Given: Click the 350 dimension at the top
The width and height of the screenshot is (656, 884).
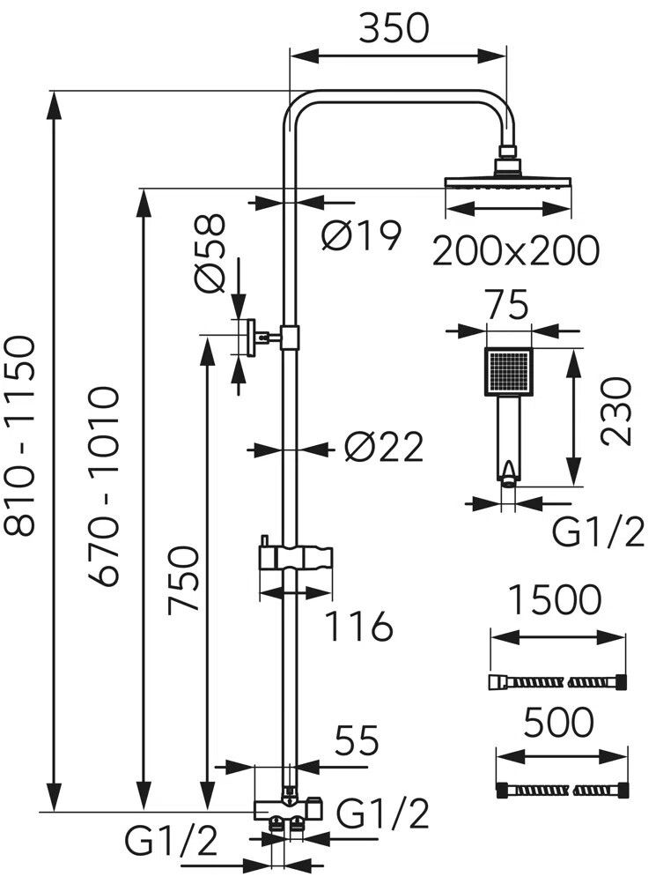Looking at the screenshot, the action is pyautogui.click(x=394, y=28).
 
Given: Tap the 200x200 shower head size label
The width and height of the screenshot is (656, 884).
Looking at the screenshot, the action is pyautogui.click(x=516, y=250).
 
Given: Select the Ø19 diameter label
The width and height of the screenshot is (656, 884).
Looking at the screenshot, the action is pyautogui.click(x=362, y=235).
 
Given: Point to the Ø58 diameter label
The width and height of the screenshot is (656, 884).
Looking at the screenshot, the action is pyautogui.click(x=210, y=254).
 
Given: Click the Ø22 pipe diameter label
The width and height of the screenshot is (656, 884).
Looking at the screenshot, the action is pyautogui.click(x=384, y=448).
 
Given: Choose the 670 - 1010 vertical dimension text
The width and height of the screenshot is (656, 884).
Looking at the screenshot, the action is pyautogui.click(x=103, y=487).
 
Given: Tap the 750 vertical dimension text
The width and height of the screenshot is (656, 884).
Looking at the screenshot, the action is pyautogui.click(x=183, y=579).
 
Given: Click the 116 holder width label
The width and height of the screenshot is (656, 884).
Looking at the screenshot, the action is pyautogui.click(x=358, y=626).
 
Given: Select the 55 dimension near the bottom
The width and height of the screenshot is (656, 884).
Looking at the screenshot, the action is pyautogui.click(x=357, y=740).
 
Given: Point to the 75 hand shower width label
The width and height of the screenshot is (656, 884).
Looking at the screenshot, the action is pyautogui.click(x=507, y=305).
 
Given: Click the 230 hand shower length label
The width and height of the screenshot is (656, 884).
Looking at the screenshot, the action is pyautogui.click(x=616, y=412).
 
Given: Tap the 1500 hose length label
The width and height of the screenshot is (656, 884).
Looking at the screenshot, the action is pyautogui.click(x=555, y=600).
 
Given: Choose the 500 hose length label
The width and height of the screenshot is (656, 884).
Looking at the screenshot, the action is pyautogui.click(x=558, y=723).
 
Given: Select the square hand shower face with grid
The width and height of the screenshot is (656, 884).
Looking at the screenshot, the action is pyautogui.click(x=508, y=371).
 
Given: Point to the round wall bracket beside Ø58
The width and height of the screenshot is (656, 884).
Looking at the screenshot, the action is pyautogui.click(x=247, y=338).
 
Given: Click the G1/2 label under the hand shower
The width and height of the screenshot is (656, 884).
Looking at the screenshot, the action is pyautogui.click(x=598, y=532).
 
